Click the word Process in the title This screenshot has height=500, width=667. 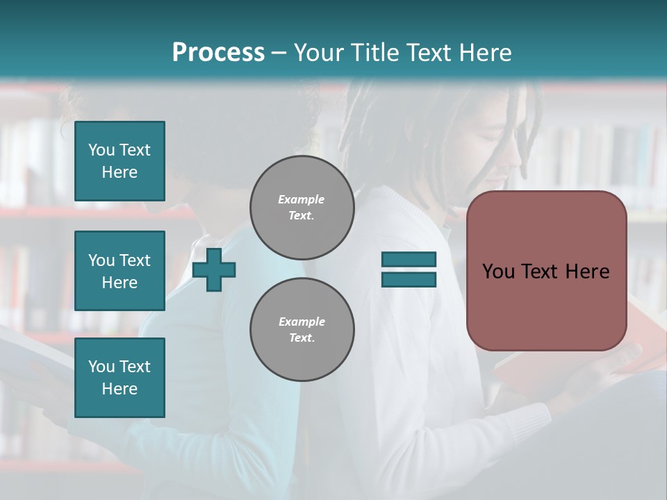218,52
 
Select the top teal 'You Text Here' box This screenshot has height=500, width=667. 120,161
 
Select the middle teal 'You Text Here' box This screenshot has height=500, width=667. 120,271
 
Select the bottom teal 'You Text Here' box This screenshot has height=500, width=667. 120,378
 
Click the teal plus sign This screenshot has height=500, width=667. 214,269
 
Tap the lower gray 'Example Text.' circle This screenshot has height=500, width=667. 302,329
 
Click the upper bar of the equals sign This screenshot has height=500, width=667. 409,260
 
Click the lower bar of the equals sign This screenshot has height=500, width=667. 409,279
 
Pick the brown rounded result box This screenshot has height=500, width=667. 546,306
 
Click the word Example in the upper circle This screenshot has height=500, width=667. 302,199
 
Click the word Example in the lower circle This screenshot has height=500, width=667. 302,322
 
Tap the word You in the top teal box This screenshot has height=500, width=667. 101,150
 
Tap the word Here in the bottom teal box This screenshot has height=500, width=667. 120,389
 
